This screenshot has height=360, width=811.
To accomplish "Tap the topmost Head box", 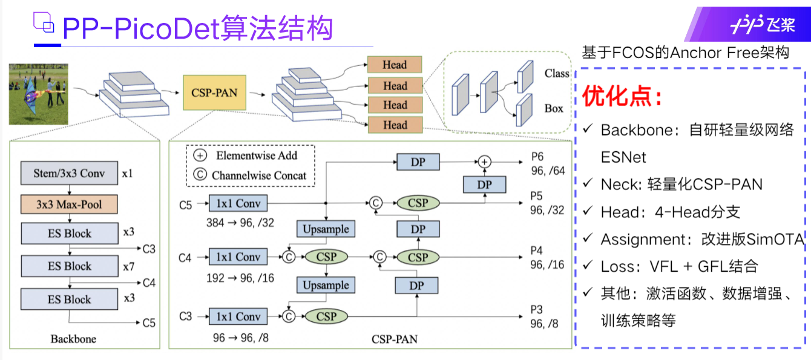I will [395, 65].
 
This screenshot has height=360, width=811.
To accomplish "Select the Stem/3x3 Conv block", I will [69, 174].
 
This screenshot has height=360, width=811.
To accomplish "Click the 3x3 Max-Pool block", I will [69, 205].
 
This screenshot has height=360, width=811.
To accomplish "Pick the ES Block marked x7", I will [69, 266].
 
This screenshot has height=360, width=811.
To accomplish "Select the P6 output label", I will [537, 157].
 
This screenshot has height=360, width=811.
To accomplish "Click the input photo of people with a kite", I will [38, 94].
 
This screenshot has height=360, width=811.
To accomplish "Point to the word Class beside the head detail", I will [556, 74].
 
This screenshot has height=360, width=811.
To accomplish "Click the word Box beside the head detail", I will [553, 109].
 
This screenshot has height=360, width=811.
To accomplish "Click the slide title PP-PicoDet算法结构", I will [197, 27].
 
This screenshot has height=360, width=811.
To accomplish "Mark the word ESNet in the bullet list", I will [623, 157].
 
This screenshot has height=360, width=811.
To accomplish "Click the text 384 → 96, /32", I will [240, 223].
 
